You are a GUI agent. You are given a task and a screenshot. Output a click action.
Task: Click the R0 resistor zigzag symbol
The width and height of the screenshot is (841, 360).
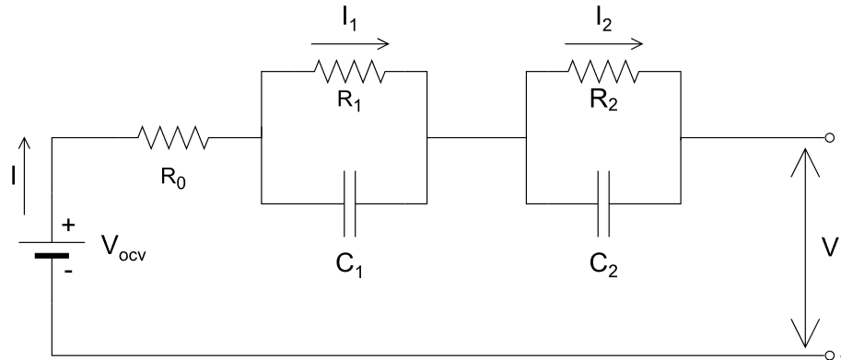[x=173, y=138]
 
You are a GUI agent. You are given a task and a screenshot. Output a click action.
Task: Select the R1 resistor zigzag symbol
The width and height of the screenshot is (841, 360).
[x=349, y=71]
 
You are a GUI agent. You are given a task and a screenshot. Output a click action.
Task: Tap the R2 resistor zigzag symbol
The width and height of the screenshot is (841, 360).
[x=603, y=71]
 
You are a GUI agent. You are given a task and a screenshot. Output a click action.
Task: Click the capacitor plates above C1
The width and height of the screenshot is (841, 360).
[x=349, y=203]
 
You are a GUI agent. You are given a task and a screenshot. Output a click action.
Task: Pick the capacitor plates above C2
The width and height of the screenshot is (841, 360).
[x=603, y=203]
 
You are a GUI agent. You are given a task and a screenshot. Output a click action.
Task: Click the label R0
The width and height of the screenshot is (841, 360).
[x=173, y=179]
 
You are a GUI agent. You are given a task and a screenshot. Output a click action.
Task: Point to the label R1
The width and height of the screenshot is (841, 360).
[x=349, y=100]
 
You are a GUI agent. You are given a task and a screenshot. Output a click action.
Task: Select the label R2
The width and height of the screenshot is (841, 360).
[x=603, y=100]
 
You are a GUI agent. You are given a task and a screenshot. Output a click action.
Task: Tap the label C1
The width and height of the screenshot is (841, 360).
[x=349, y=264]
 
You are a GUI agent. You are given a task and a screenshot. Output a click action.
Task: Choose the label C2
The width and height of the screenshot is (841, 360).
[x=603, y=264]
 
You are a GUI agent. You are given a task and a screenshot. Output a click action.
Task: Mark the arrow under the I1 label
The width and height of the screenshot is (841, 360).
[x=350, y=44]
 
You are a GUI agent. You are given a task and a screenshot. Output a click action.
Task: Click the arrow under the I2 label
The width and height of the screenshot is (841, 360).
[x=604, y=44]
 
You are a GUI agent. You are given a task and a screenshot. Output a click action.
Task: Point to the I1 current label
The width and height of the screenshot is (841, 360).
[x=349, y=20]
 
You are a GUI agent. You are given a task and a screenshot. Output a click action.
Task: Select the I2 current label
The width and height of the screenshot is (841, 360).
[x=603, y=20]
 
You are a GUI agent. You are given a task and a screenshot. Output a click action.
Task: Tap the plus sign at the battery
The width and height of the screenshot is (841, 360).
[x=68, y=225]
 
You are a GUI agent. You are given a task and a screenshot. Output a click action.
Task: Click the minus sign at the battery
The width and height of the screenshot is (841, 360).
[x=68, y=271]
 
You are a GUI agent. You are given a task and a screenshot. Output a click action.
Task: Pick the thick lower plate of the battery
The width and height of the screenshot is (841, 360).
[x=52, y=256]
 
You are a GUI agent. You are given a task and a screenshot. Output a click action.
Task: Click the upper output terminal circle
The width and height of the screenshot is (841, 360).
[x=830, y=138]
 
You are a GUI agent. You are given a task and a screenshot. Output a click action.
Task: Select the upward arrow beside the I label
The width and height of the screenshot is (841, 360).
[x=24, y=176]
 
